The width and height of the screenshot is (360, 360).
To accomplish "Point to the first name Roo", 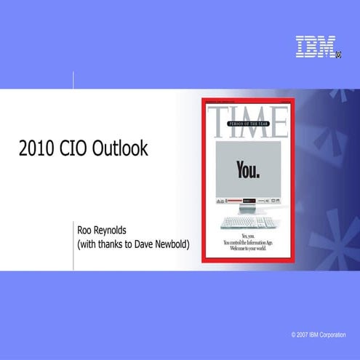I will pyautogui.click(x=85, y=230).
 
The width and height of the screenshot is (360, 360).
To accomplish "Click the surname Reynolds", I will pyautogui.click(x=116, y=230).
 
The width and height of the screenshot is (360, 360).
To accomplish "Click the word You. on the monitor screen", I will pyautogui.click(x=247, y=169).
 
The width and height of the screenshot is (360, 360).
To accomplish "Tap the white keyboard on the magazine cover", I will pyautogui.click(x=246, y=220).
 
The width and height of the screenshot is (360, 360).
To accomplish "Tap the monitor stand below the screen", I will pyautogui.click(x=245, y=208).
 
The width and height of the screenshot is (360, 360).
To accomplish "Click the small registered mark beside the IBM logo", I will pyautogui.click(x=339, y=53).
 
